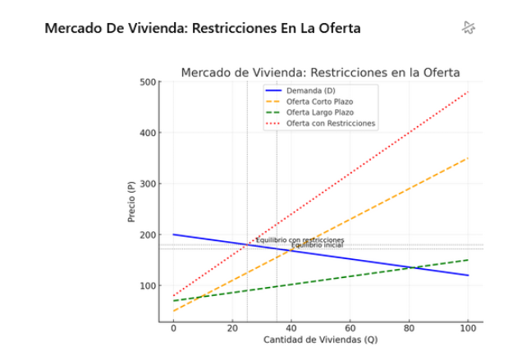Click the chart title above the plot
click(x=320, y=72)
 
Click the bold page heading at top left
click(x=202, y=29)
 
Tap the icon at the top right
click(x=469, y=28)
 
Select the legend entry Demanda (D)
click(x=310, y=89)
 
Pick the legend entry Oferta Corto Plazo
click(x=320, y=101)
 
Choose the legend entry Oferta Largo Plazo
click(x=320, y=112)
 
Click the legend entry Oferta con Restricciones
click(x=331, y=123)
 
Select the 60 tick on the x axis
click(x=350, y=328)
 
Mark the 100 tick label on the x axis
click(x=468, y=328)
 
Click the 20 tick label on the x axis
click(x=232, y=328)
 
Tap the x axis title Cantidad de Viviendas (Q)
click(x=320, y=339)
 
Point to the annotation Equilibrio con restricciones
click(x=300, y=239)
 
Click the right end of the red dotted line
click(x=468, y=92)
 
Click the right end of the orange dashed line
click(x=468, y=158)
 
